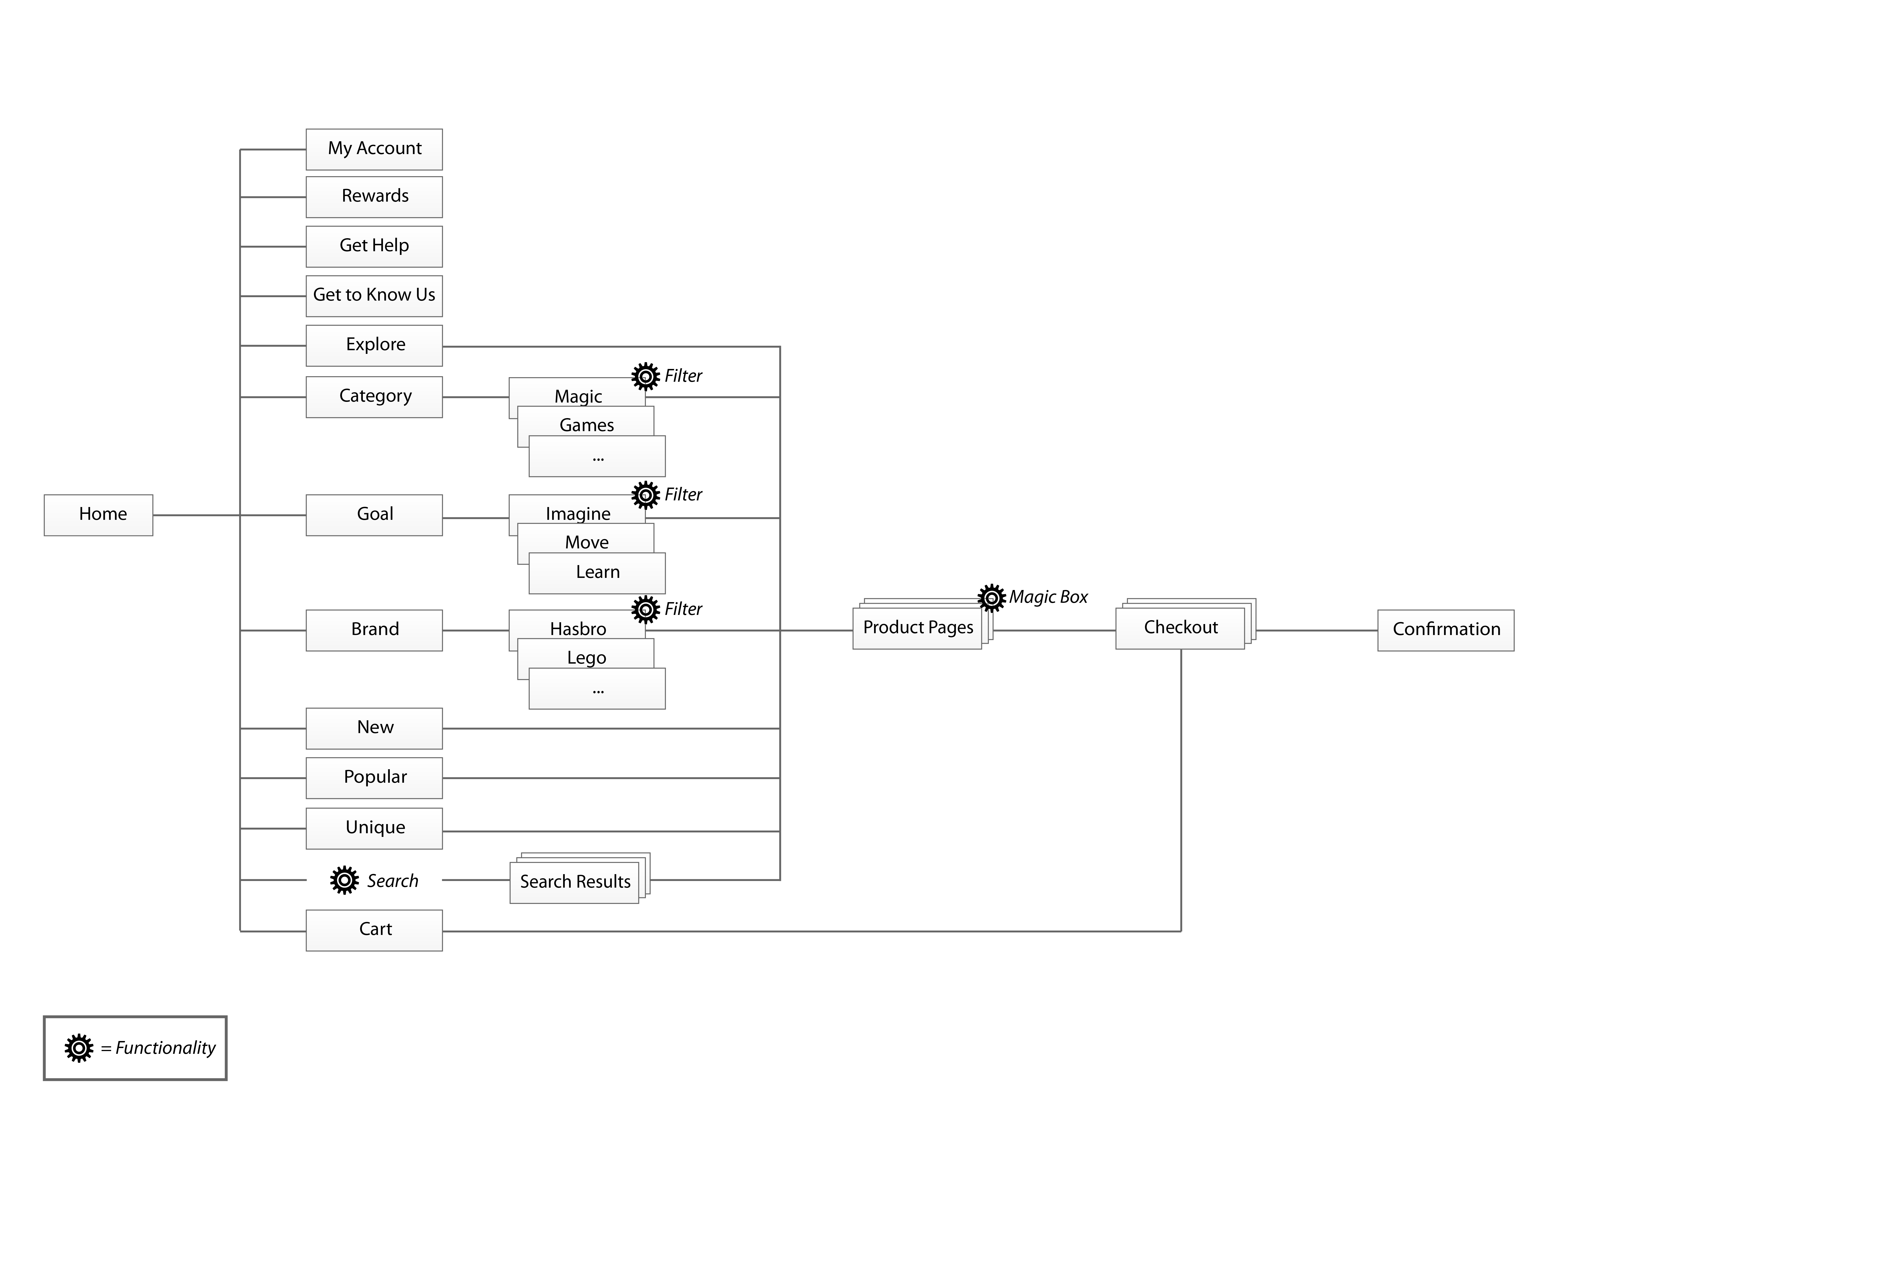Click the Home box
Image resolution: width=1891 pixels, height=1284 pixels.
pos(99,515)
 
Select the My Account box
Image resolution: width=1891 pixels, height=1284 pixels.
pos(374,150)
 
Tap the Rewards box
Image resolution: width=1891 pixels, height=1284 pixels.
pos(374,197)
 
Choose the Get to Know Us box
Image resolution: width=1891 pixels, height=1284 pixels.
pos(374,296)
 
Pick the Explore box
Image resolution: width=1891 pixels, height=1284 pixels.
pos(374,346)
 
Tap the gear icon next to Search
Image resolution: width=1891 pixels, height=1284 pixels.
pos(344,880)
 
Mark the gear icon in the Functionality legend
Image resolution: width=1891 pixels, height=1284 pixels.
pos(79,1048)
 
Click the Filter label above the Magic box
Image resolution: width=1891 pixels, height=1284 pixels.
pos(683,376)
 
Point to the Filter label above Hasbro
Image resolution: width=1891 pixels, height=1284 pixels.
pos(683,609)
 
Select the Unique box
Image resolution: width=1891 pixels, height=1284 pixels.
pos(374,828)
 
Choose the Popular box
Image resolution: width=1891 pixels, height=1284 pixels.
pos(374,778)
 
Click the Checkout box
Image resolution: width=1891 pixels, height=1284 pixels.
pos(1181,628)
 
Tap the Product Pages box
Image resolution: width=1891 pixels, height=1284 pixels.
pos(918,628)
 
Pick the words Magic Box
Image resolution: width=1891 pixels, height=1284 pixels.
pos(1048,597)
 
